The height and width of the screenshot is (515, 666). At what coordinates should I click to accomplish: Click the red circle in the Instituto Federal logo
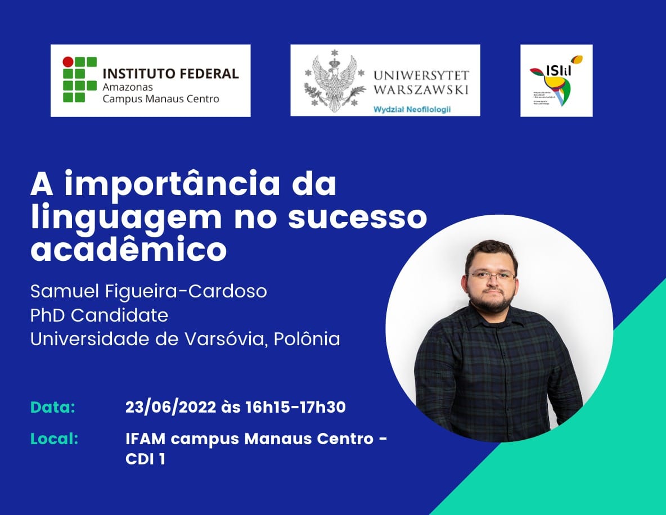(x=67, y=61)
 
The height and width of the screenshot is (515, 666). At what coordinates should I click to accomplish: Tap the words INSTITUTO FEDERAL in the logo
(x=170, y=74)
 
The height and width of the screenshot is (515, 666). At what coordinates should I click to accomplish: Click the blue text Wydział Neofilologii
(x=412, y=109)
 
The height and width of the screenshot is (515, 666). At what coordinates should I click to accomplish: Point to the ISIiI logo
(x=556, y=80)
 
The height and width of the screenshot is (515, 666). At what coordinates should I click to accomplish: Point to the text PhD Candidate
(x=99, y=315)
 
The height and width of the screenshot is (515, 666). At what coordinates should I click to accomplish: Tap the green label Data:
(x=53, y=407)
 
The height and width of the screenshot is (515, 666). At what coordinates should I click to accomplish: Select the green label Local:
(x=54, y=439)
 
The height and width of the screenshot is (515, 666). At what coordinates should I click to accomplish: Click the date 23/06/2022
(x=170, y=407)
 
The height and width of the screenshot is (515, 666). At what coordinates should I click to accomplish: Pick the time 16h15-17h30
(x=295, y=407)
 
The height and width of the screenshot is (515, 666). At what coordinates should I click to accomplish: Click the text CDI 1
(x=146, y=459)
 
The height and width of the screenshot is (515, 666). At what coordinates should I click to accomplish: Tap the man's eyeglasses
(x=490, y=276)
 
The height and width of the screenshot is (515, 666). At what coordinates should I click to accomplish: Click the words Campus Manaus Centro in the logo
(x=160, y=99)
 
